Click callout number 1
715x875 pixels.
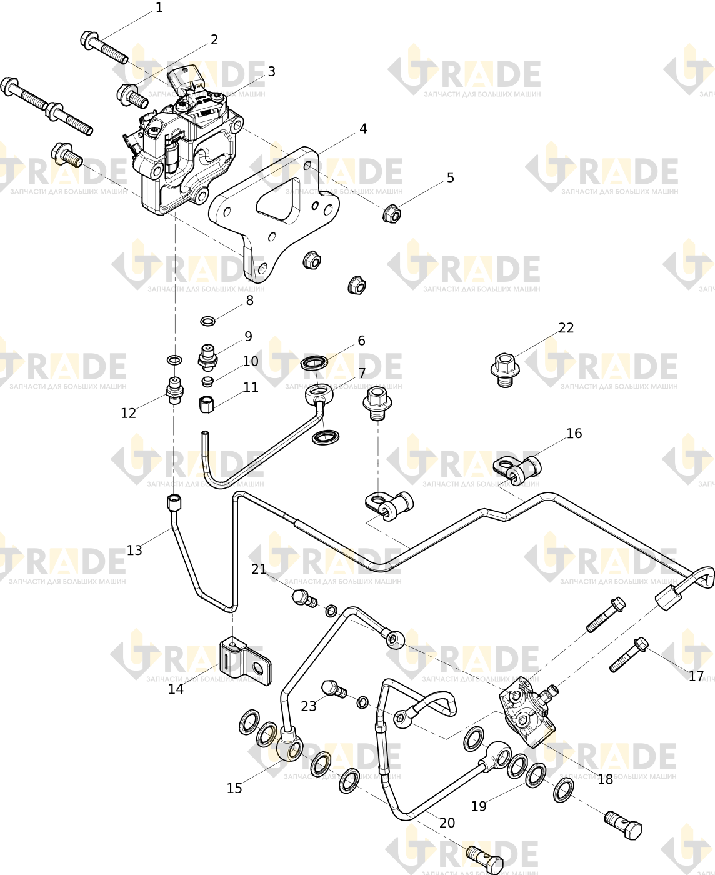tap(159, 7)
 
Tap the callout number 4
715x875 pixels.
tap(363, 129)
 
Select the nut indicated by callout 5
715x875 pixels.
tap(392, 214)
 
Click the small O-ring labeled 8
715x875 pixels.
tap(208, 321)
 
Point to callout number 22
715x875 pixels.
tap(566, 327)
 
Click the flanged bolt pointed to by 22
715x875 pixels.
tap(504, 370)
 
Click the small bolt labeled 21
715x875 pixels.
tap(304, 599)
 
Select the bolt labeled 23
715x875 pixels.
tap(334, 689)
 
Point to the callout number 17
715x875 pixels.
tap(696, 676)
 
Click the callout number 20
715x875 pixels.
tap(447, 822)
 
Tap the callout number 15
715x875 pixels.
tap(234, 788)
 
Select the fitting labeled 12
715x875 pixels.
tap(175, 391)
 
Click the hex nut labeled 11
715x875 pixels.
tap(206, 404)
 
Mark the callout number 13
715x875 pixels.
tap(134, 550)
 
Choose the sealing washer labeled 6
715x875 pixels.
tap(314, 362)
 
